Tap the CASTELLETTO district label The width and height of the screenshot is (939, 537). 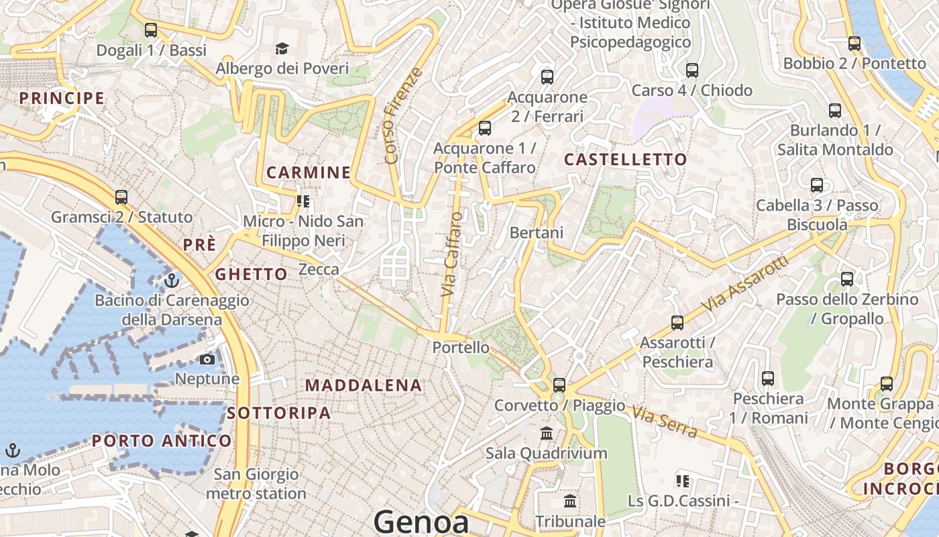pos(625,159)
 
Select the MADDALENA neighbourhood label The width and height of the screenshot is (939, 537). pos(364,385)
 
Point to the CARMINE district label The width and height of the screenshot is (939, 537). pos(309,173)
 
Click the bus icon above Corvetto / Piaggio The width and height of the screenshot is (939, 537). pos(559,385)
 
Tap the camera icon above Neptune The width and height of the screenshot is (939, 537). pos(207,359)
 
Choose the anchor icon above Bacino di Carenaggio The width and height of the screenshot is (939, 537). pos(172,280)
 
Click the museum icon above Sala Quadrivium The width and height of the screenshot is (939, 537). pos(547,433)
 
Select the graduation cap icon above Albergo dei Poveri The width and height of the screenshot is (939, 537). pos(282,48)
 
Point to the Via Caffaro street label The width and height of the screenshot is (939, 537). pos(452,254)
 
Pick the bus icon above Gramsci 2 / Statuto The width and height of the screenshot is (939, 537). pos(121,197)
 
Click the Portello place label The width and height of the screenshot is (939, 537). pos(461,348)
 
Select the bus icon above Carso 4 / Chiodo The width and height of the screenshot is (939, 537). pos(692,70)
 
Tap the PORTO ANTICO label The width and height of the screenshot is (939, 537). pos(162,441)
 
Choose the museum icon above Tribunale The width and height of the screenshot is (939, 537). pos(570,501)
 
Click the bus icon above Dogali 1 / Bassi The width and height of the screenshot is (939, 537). pos(151,30)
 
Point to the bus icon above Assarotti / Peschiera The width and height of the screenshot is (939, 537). pos(677,323)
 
